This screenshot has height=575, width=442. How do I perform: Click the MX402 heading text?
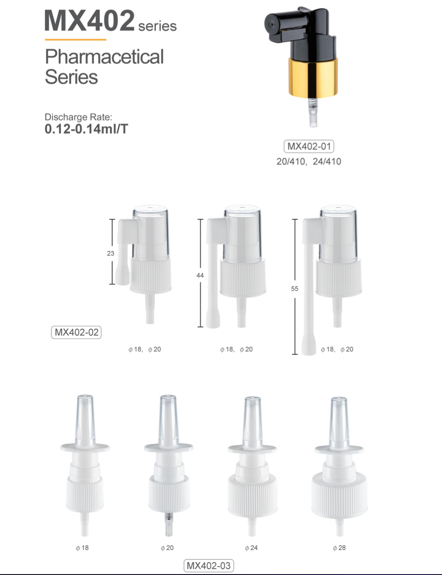(x=90, y=21)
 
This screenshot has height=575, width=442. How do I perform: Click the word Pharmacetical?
(x=104, y=57)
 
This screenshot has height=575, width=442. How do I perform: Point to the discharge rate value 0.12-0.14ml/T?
(x=86, y=129)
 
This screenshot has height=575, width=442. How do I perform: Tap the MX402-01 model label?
(x=309, y=147)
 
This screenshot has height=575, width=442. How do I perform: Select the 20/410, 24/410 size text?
(x=309, y=161)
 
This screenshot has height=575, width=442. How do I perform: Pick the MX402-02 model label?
(x=76, y=332)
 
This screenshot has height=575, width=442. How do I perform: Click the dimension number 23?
(x=111, y=253)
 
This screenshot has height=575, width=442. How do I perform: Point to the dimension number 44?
(x=200, y=275)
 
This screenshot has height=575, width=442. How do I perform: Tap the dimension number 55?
(x=295, y=288)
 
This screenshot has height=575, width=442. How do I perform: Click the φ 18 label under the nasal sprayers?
(x=82, y=548)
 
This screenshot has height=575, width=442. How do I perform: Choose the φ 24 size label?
(x=251, y=548)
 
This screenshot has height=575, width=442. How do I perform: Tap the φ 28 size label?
(x=339, y=548)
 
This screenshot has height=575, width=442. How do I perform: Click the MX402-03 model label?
(x=209, y=566)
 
